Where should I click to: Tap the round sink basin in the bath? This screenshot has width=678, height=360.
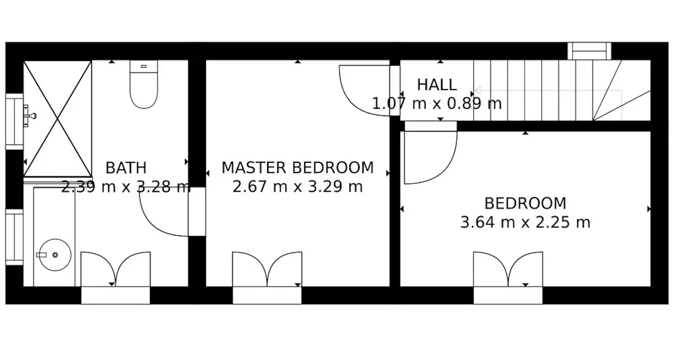click(x=55, y=255)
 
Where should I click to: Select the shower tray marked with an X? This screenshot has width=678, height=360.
click(x=58, y=118)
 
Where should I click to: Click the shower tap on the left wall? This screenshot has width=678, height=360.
click(x=30, y=116)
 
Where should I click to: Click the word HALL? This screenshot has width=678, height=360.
click(x=437, y=85)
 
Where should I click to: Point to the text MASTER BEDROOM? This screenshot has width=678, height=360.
click(x=298, y=168)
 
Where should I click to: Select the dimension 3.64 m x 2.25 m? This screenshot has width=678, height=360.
click(x=525, y=222)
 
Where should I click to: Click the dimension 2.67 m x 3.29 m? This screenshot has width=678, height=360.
click(x=298, y=187)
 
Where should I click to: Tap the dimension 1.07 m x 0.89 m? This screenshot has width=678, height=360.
click(x=437, y=104)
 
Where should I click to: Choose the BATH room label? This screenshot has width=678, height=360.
click(x=126, y=168)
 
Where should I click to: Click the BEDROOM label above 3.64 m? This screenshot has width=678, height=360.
click(x=525, y=203)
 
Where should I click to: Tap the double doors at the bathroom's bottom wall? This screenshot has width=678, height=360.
click(x=115, y=269)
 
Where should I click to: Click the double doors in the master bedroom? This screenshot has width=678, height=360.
click(x=267, y=269)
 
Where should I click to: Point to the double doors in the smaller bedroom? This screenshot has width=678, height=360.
click(x=508, y=269)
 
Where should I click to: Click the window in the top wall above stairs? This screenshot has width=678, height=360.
click(x=589, y=51)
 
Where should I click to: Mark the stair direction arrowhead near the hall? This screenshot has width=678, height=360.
click(x=478, y=90)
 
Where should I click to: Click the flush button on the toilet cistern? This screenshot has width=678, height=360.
click(x=144, y=66)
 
